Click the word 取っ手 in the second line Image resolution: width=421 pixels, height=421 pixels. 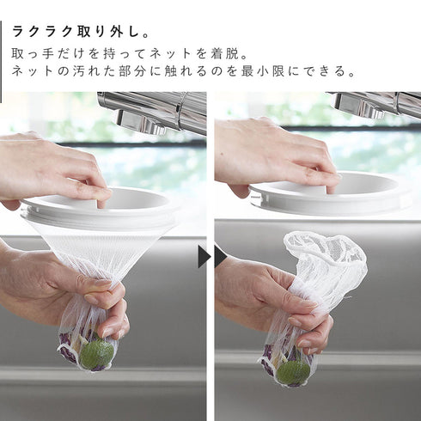[x=36, y=53]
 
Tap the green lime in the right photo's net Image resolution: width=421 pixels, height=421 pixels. [x=293, y=371]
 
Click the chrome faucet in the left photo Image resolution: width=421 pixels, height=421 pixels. [x=155, y=112]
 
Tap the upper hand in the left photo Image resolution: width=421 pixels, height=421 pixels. [x=52, y=168]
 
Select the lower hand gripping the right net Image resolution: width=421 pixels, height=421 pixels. [x=266, y=301]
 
